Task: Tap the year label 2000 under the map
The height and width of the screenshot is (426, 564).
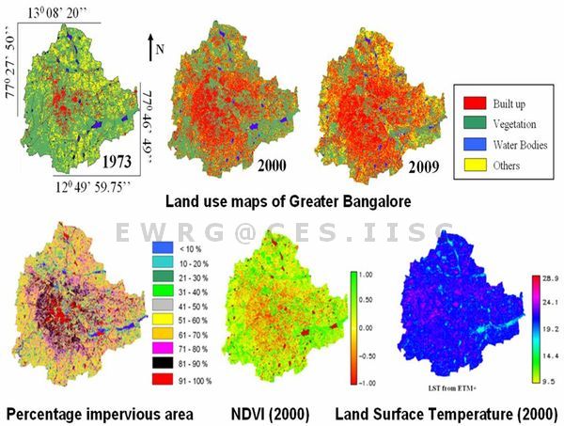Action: click(258, 166)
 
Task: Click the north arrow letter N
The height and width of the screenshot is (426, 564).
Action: click(160, 49)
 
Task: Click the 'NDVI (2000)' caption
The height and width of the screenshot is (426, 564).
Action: click(274, 413)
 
